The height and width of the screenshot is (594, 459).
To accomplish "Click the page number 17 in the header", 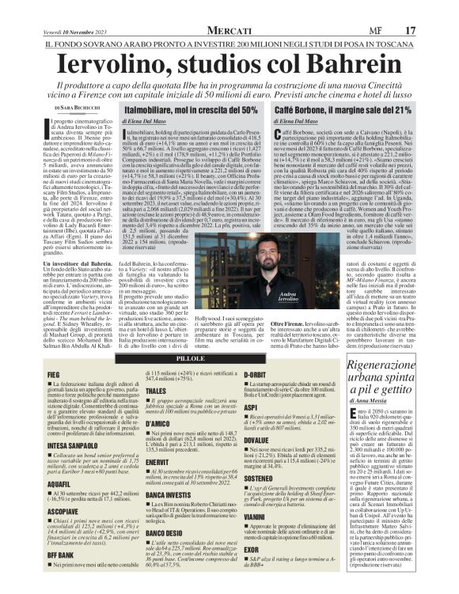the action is pyautogui.click(x=433, y=8).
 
